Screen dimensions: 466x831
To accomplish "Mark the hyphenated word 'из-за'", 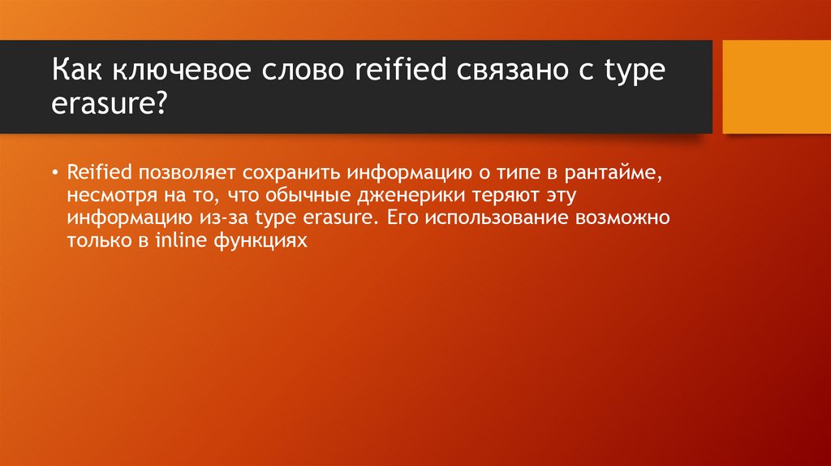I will click(234, 218).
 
